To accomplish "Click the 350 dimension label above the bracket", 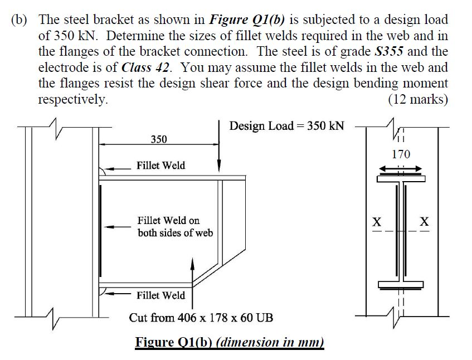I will pos(159,139).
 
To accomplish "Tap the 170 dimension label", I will pos(401,154).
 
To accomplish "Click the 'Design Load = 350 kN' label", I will pos(286,125).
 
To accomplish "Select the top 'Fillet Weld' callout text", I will pos(161,166).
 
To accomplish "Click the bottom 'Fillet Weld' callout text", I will pos(161,295).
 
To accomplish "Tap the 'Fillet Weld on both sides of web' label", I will pos(175,227).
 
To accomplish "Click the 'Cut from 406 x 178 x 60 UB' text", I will pos(201,318).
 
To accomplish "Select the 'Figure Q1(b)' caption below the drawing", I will pos(230,341).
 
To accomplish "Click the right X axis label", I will pos(425,222).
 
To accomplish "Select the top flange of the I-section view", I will pos(401,179).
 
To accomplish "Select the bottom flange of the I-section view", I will pos(401,285).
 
